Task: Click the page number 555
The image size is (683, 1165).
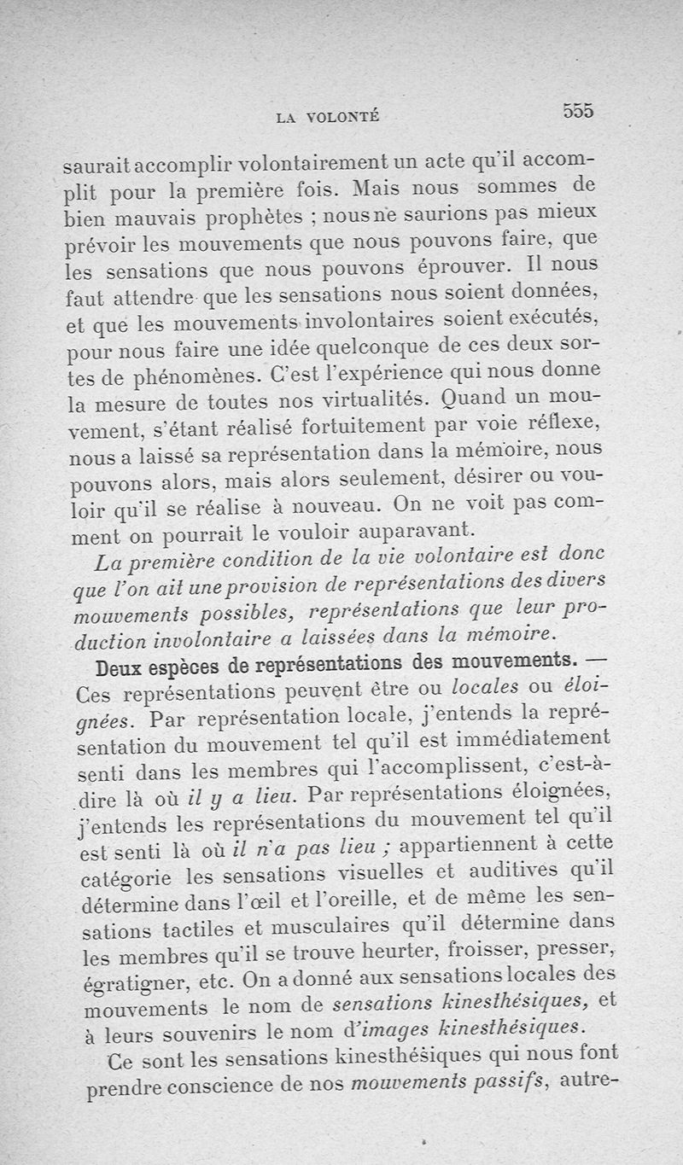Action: coord(577,110)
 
